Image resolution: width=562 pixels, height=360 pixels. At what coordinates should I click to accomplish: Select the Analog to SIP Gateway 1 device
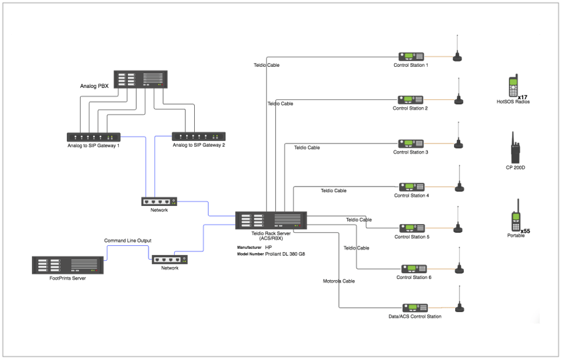click(x=94, y=137)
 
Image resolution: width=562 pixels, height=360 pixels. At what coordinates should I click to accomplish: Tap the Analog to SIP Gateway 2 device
click(x=199, y=136)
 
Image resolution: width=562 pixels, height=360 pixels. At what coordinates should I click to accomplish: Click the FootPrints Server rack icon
click(x=67, y=265)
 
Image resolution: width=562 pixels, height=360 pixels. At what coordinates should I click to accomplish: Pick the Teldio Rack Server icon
click(x=271, y=220)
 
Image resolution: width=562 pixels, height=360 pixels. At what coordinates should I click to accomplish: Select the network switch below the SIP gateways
click(x=159, y=202)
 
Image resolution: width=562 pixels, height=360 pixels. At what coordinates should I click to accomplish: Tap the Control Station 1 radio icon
click(x=411, y=57)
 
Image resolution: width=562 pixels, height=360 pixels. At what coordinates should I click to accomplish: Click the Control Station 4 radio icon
click(x=412, y=187)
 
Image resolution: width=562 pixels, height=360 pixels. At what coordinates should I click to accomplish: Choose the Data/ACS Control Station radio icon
click(x=415, y=308)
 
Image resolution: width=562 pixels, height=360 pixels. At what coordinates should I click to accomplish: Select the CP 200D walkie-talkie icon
click(x=515, y=147)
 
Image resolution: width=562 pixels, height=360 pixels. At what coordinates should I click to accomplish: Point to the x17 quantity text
click(x=523, y=97)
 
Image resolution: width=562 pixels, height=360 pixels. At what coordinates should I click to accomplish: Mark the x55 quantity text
click(x=525, y=231)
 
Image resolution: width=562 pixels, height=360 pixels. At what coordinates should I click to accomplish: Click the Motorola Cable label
click(x=338, y=281)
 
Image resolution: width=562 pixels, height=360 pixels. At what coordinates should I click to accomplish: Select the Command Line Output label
click(x=127, y=241)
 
